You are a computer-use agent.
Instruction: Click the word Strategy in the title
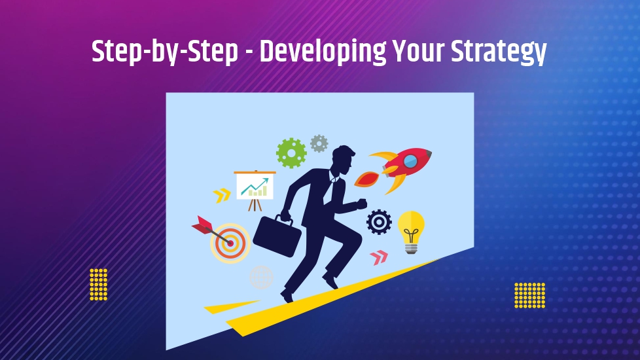[x=499, y=52]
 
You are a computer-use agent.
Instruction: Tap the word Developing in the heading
[x=323, y=52]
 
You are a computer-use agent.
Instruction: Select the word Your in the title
[x=418, y=51]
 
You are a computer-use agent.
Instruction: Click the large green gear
[x=291, y=153]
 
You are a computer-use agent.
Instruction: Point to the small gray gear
[x=319, y=144]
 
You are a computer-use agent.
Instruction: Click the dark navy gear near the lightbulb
[x=379, y=222]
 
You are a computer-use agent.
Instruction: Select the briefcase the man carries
[x=277, y=235]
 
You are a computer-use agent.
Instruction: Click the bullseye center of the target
[x=230, y=243]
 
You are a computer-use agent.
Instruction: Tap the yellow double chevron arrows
[x=222, y=196]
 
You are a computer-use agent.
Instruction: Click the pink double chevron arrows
[x=379, y=257]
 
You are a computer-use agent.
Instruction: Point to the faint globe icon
[x=261, y=278]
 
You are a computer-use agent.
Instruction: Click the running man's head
[x=343, y=159]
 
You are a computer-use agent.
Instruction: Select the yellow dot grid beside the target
[x=99, y=285]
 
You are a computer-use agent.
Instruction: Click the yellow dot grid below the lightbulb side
[x=530, y=295]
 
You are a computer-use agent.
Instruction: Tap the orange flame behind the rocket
[x=366, y=179]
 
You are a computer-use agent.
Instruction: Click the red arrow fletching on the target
[x=202, y=225]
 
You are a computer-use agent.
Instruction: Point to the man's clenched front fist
[x=362, y=204]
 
